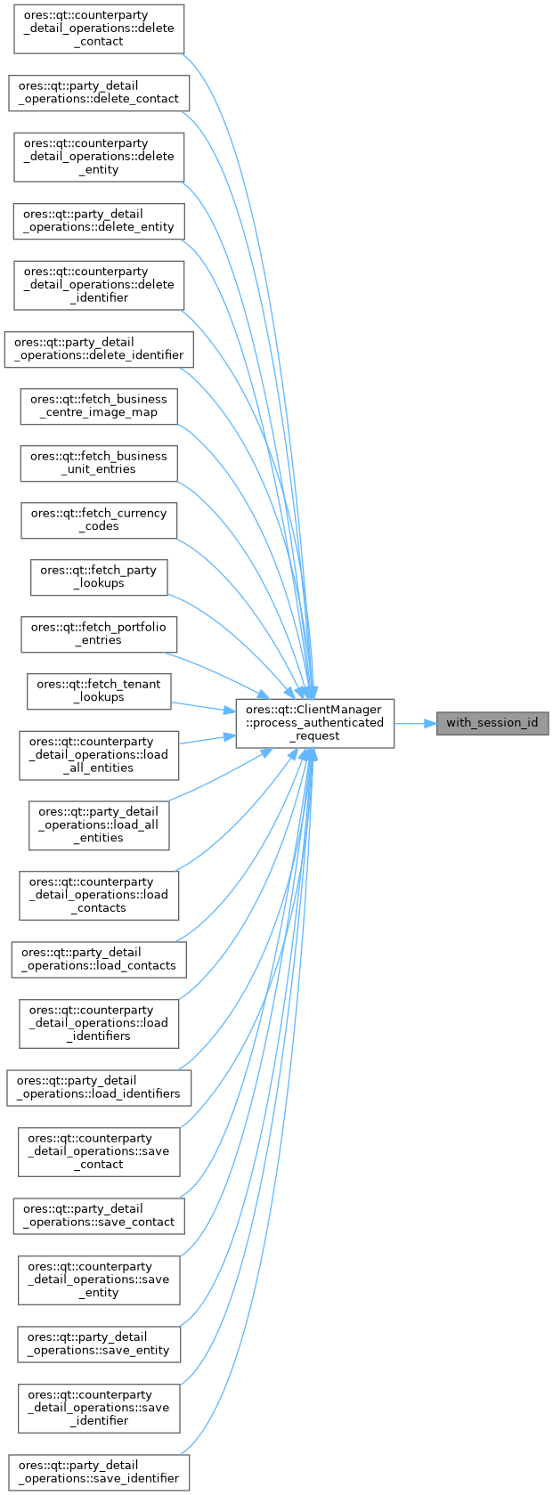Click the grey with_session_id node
[492, 722]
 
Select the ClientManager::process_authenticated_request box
[314, 723]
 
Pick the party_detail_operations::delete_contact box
[99, 93]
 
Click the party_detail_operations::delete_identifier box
[99, 349]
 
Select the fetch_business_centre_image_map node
[99, 406]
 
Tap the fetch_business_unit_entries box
[99, 463]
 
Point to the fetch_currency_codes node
[99, 520]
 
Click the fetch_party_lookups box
[99, 577]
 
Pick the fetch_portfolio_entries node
[99, 634]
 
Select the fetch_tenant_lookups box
[99, 691]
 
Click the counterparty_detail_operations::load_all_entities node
[99, 755]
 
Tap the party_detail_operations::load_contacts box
[99, 959]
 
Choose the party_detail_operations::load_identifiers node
[99, 1087]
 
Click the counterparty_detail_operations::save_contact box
[99, 1151]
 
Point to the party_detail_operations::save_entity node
[99, 1344]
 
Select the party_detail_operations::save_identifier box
[99, 1472]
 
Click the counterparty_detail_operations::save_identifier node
[99, 1408]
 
